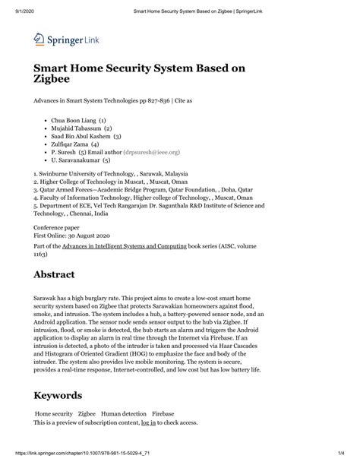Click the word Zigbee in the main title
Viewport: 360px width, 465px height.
54,77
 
